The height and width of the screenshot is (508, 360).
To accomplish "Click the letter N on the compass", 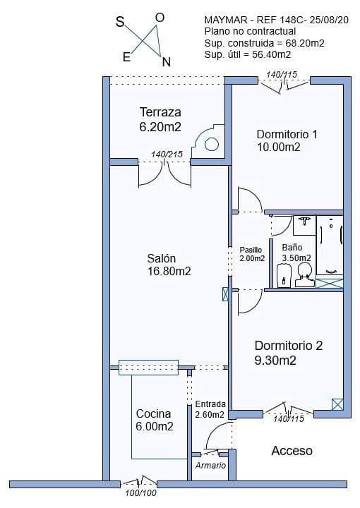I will click(x=166, y=61).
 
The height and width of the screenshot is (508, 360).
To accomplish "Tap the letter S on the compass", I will click(x=120, y=22).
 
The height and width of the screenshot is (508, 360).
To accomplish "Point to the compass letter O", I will click(x=160, y=17).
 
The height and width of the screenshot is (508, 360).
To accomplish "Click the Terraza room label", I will click(x=160, y=112).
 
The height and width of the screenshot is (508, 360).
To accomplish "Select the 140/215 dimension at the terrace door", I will click(x=167, y=155).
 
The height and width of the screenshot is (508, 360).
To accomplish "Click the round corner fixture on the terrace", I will click(x=211, y=145).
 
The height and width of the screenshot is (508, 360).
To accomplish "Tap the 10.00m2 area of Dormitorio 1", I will click(x=279, y=147).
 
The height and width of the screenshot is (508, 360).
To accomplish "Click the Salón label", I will click(x=162, y=258).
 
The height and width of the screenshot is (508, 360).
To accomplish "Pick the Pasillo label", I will click(x=251, y=250).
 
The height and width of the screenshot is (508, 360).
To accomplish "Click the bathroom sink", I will click(x=305, y=224).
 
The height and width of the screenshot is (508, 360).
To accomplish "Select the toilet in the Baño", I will click(x=304, y=274).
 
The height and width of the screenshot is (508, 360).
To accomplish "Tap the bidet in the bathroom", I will click(x=284, y=275).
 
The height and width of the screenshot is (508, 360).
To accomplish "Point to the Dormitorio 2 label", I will click(x=288, y=346).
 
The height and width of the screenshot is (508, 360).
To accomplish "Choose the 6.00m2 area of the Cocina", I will click(x=155, y=427).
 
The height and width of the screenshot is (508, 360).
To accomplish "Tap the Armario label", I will click(x=210, y=466).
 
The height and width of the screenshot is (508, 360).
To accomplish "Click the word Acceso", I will click(x=292, y=451).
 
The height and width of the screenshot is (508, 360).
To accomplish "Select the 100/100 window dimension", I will click(x=140, y=493).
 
